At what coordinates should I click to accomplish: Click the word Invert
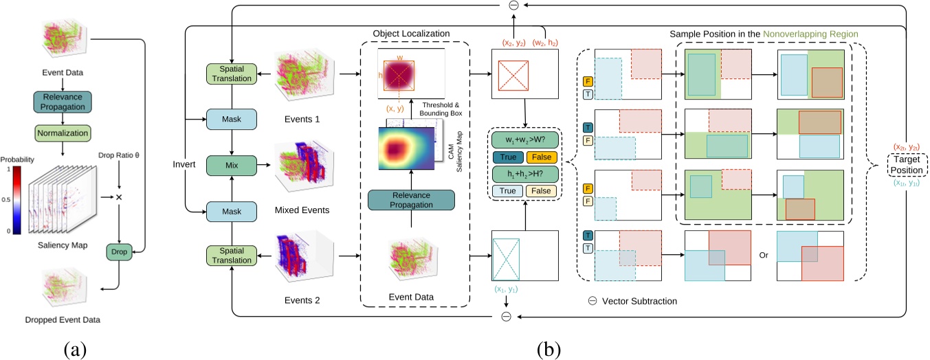(x=184, y=166)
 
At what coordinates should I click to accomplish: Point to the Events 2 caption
(x=301, y=300)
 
